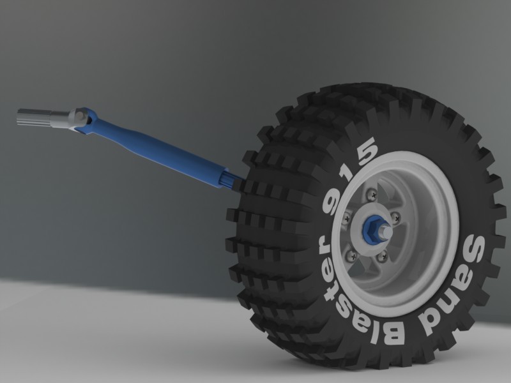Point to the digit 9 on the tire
pyautogui.click(x=330, y=200)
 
